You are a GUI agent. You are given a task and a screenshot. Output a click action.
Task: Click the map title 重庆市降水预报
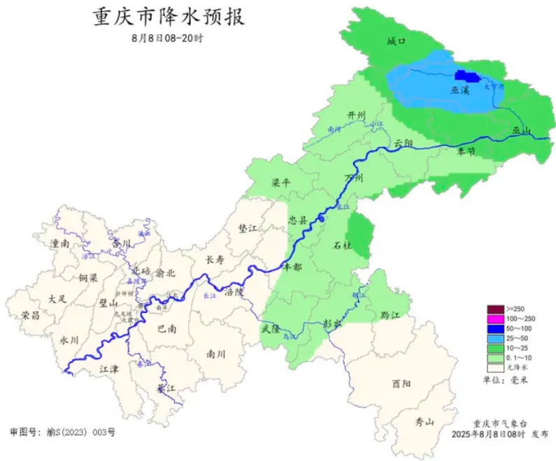point(169,17)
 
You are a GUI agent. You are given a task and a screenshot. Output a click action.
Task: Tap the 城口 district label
point(397,41)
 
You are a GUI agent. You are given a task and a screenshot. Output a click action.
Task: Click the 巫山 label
point(522,131)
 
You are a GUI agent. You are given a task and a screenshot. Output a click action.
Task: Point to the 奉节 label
point(466,151)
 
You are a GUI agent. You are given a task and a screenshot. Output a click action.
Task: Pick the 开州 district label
point(357,115)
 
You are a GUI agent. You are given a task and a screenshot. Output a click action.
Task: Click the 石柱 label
point(342,246)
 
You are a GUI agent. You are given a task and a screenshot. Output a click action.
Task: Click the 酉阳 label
point(401,383)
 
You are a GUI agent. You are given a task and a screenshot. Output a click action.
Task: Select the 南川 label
point(215,354)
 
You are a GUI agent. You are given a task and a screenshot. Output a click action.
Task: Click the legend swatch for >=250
point(495,309)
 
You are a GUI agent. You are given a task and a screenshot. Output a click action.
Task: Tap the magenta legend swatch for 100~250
point(495,319)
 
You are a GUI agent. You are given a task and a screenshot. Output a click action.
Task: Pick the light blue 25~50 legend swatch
point(495,338)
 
